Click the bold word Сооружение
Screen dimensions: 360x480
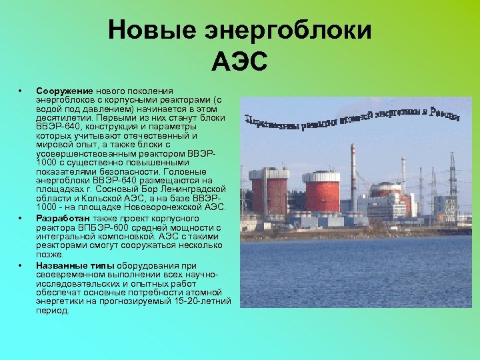pos(65,91)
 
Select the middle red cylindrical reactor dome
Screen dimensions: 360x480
pos(321,191)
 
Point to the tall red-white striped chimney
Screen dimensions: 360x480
pos(353,177)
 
